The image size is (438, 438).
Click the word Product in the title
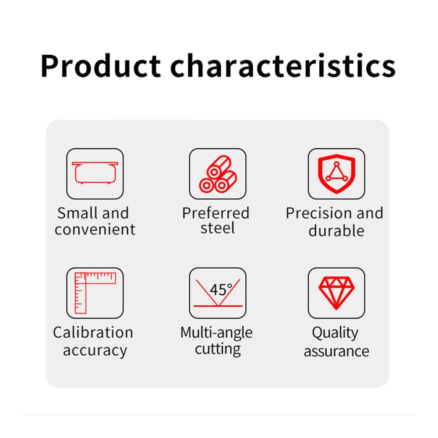[101, 66]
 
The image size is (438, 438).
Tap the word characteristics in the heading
[283, 65]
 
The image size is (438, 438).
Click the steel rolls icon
[218, 174]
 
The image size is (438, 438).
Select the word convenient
[95, 230]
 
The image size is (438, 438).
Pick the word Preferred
[215, 213]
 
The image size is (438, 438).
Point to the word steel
[218, 228]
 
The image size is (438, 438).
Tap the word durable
[336, 230]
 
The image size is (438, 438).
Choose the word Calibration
[93, 332]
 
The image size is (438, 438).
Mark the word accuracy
[95, 350]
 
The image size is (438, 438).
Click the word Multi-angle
[216, 333]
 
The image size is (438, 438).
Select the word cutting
[218, 349]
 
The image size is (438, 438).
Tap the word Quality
[335, 333]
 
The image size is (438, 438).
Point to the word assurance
[336, 351]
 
